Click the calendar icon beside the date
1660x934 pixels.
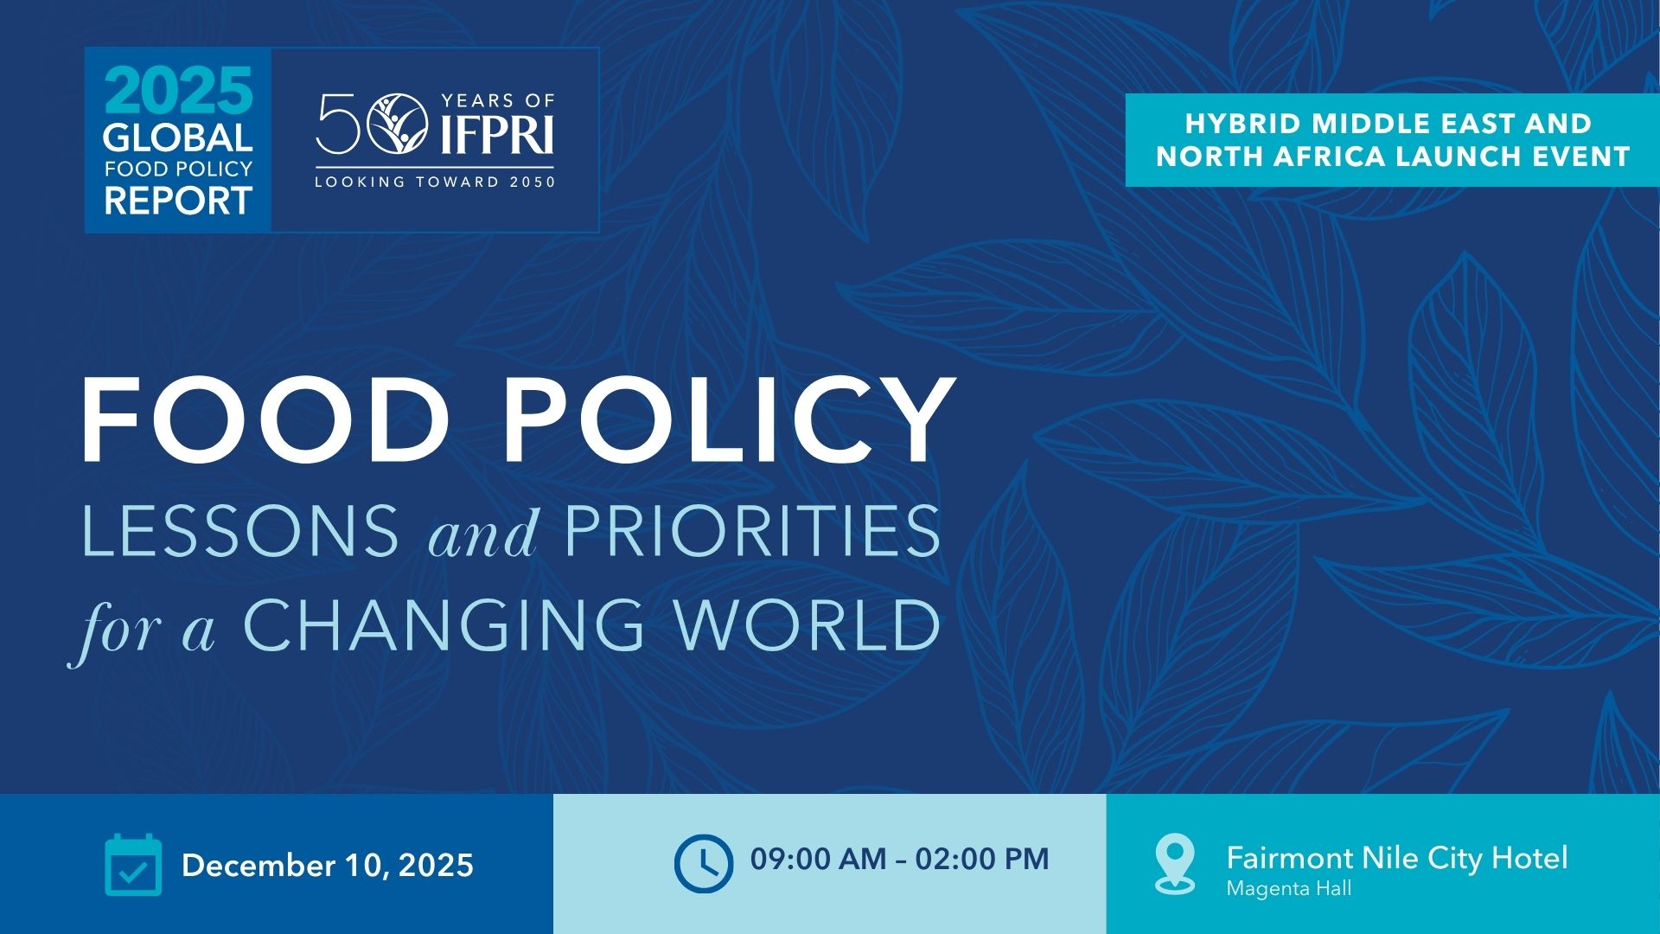pos(133,864)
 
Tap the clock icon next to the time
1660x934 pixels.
pos(704,863)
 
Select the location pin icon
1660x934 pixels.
pos(1175,863)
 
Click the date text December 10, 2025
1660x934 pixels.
pos(328,866)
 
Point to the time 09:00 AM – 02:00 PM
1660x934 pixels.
pos(900,859)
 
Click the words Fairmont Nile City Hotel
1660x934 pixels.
pos(1397,858)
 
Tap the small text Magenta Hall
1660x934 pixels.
pos(1289,889)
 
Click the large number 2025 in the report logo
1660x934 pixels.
pos(179,90)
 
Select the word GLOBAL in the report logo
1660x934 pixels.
pos(178,138)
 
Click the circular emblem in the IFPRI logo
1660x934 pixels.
pos(398,124)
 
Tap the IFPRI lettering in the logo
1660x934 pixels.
pos(497,134)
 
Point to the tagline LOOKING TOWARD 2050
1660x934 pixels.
pos(435,182)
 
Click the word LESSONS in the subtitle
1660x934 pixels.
pos(240,530)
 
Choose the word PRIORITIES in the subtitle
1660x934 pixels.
pos(752,530)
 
